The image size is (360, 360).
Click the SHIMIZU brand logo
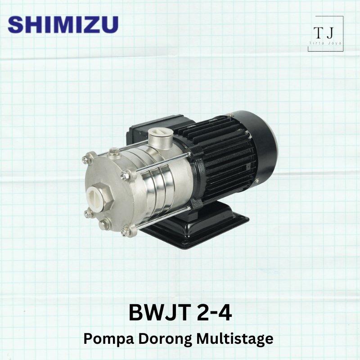(x=63, y=24)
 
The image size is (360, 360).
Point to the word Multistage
(x=238, y=338)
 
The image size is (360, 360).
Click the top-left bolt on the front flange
(x=88, y=158)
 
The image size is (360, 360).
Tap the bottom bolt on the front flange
(x=126, y=232)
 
